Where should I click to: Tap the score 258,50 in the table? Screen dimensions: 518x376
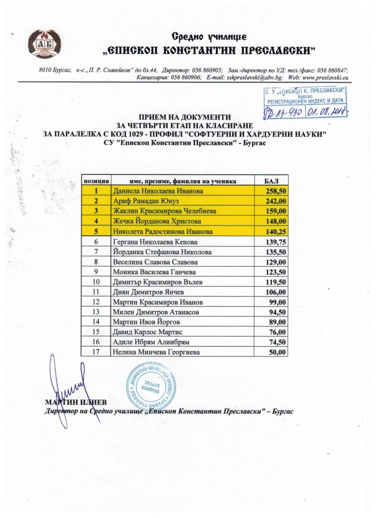coord(277,190)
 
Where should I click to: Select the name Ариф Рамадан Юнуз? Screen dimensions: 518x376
coord(146,201)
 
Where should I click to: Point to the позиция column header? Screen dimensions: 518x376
coord(97,180)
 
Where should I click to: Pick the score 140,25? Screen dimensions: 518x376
coord(277,231)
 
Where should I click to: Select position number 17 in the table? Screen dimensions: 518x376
coord(97,352)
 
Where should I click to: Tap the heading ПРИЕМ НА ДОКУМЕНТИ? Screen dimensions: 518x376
coord(185,117)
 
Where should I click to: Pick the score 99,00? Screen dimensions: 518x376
coord(279,302)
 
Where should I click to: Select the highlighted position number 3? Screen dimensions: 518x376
coord(97,211)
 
